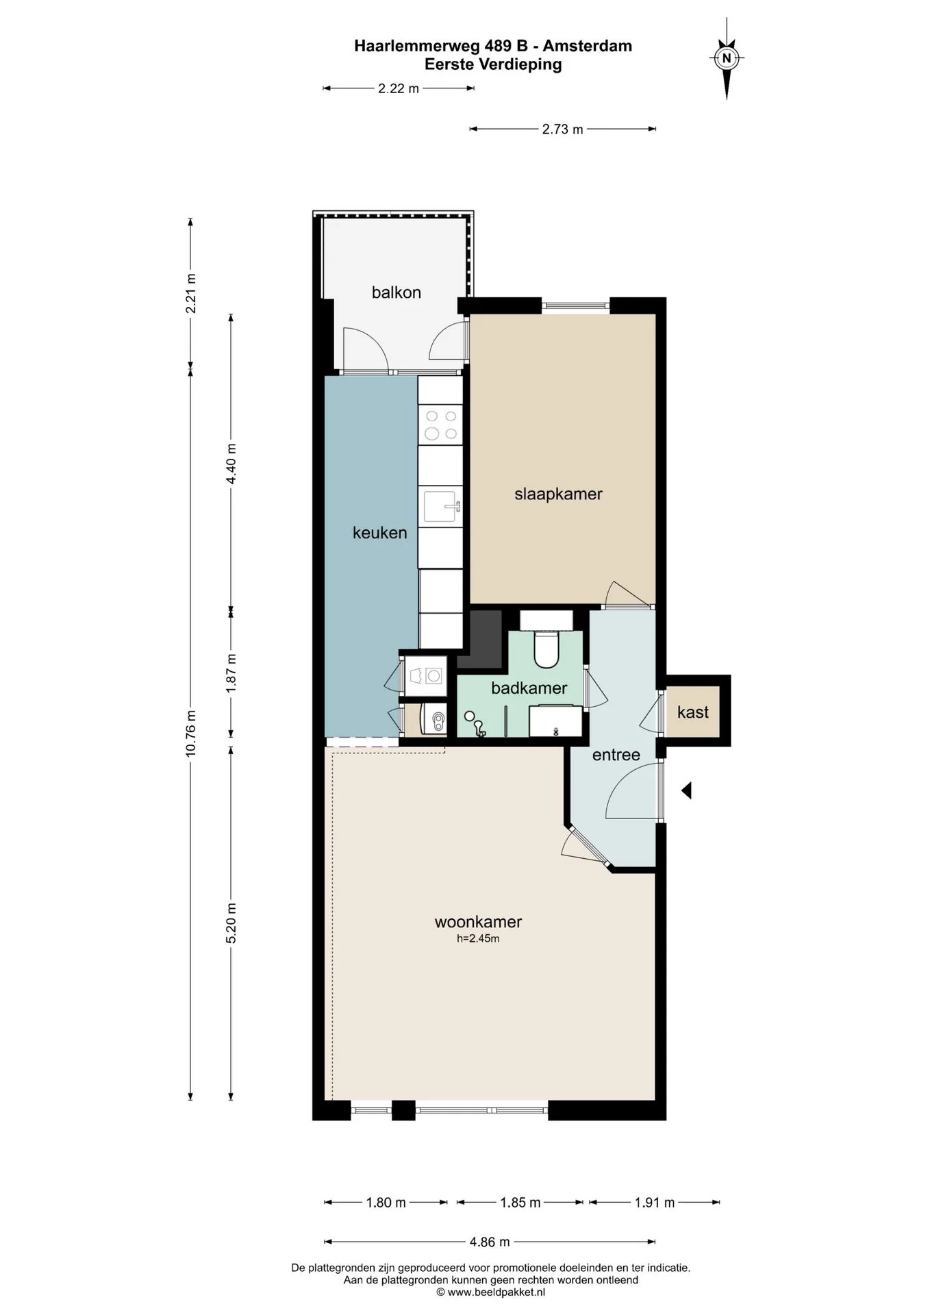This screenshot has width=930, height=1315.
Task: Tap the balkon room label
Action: pyautogui.click(x=396, y=292)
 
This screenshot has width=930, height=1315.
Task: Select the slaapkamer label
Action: pyautogui.click(x=558, y=494)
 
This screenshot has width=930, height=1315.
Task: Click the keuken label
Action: pyautogui.click(x=379, y=532)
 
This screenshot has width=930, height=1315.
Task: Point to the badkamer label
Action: pyautogui.click(x=529, y=688)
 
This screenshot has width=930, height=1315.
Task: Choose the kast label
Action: pyautogui.click(x=692, y=712)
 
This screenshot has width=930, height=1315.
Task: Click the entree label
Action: pyautogui.click(x=616, y=755)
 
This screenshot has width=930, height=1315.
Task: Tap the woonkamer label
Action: pyautogui.click(x=478, y=922)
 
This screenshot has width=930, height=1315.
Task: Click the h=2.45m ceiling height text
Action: pyautogui.click(x=478, y=939)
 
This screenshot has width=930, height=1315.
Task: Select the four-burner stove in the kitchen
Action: pyautogui.click(x=440, y=425)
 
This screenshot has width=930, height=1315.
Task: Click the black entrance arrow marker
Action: pyautogui.click(x=686, y=790)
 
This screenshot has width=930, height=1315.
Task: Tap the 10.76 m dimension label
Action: pyautogui.click(x=191, y=733)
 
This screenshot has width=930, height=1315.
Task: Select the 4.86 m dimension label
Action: pyautogui.click(x=490, y=1242)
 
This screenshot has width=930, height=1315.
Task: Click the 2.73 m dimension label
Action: pyautogui.click(x=562, y=129)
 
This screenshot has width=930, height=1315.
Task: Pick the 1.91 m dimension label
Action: pyautogui.click(x=655, y=1203)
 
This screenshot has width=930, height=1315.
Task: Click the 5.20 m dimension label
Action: pyautogui.click(x=231, y=923)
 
